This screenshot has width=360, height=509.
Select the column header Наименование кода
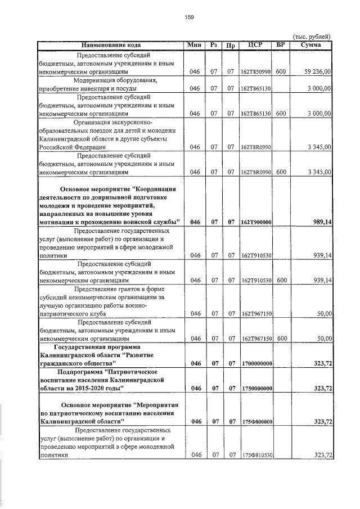pyautogui.click(x=111, y=44)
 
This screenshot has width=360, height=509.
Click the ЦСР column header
pyautogui.click(x=255, y=44)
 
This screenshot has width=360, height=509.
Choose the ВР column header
pyautogui.click(x=281, y=44)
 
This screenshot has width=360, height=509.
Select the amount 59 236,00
pyautogui.click(x=317, y=73)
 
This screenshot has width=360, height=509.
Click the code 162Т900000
pyautogui.click(x=256, y=223)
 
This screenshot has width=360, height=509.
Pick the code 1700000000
pyautogui.click(x=256, y=364)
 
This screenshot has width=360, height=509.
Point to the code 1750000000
pyautogui.click(x=256, y=389)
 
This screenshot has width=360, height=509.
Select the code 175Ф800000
pyautogui.click(x=256, y=422)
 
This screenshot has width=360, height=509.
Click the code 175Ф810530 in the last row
pyautogui.click(x=256, y=455)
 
